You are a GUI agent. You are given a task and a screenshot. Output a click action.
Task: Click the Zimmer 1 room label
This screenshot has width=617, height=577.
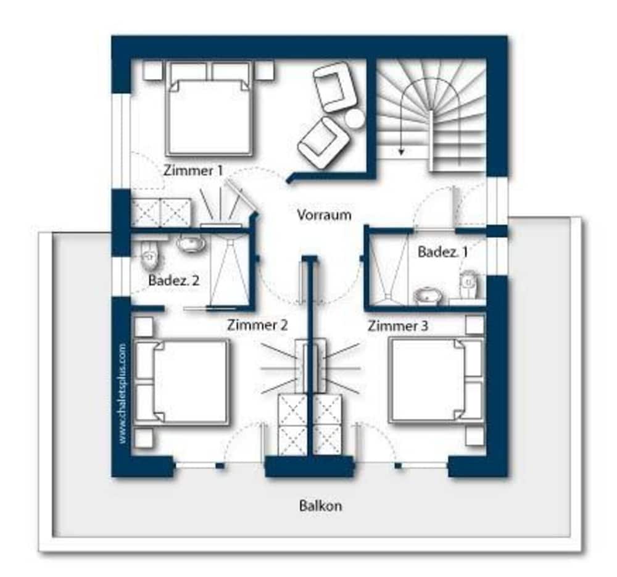(193, 170)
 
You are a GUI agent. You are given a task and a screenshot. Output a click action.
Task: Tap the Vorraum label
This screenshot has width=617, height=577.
(324, 215)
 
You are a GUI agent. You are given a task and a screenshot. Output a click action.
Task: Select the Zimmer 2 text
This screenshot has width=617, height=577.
(257, 325)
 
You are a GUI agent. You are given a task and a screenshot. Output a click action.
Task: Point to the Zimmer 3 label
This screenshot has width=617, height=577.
(398, 325)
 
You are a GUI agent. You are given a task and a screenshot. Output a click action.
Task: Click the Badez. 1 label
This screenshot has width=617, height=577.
(442, 252)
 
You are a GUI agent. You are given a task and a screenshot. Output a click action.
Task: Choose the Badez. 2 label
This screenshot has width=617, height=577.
(174, 280)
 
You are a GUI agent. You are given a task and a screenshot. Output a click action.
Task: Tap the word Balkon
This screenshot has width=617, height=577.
(320, 505)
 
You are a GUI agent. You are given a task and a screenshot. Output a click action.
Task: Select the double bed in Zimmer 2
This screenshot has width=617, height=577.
(182, 383)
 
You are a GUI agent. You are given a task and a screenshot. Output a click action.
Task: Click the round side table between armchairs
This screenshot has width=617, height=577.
(355, 118)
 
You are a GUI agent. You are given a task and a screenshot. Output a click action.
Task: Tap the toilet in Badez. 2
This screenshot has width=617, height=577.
(149, 255)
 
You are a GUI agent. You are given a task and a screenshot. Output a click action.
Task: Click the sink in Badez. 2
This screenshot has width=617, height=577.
(191, 243)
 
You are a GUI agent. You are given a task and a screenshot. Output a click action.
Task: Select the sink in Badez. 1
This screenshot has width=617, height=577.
(428, 296)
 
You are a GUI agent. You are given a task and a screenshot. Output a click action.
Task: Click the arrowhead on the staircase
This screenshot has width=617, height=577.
(401, 151)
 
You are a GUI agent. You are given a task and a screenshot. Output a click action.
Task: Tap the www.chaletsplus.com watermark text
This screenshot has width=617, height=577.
(123, 394)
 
